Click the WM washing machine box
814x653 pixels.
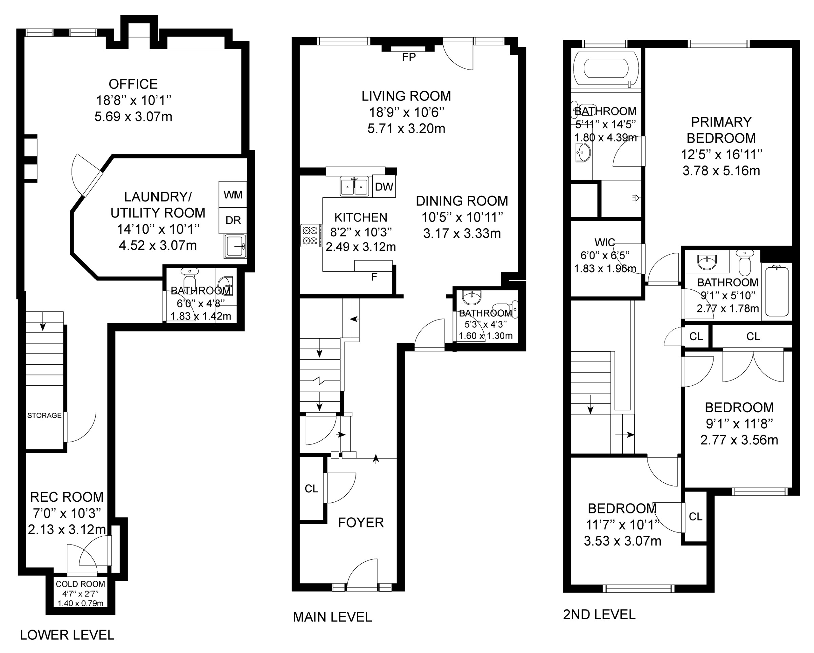233,194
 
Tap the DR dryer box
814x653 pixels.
233,220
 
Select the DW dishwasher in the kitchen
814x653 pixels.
384,186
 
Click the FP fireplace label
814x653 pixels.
409,57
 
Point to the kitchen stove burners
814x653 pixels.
311,235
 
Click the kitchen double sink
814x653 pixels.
354,186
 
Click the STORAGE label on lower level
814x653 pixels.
44,416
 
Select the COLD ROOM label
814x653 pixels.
80,584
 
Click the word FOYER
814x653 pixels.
361,523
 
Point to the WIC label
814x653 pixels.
604,242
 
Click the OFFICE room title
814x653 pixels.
133,84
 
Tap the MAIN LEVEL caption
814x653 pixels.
332,617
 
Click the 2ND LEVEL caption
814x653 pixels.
599,614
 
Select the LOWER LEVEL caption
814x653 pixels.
67,635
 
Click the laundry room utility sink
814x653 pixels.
235,246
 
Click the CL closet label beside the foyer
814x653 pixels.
311,489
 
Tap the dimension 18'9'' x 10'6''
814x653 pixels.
406,112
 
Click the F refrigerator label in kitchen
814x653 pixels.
374,277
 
